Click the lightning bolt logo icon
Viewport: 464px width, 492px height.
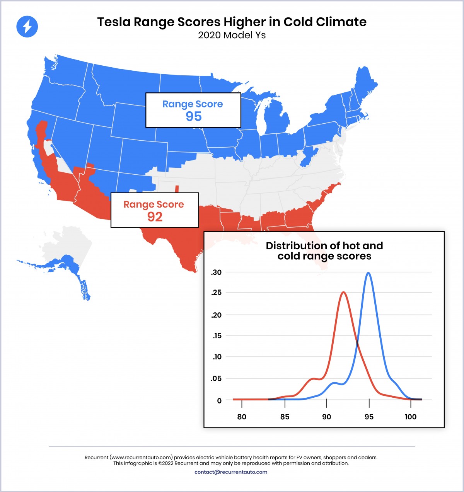(x=27, y=27)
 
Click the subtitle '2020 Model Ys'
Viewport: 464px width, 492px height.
(x=232, y=35)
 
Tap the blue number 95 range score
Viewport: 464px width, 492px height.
(x=193, y=116)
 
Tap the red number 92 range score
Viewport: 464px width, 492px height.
(x=155, y=216)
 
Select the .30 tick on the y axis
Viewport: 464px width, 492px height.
(x=216, y=272)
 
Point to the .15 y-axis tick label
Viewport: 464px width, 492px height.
(x=217, y=335)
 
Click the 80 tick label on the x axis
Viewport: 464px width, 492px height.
(x=242, y=417)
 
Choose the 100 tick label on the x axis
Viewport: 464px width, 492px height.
(x=410, y=417)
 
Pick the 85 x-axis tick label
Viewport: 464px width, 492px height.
(x=285, y=417)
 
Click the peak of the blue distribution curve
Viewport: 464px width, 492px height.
(x=368, y=273)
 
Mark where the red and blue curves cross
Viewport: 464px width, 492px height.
(x=357, y=343)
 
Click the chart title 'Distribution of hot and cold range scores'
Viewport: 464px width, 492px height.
(x=324, y=251)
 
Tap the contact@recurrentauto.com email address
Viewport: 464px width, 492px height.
(x=231, y=472)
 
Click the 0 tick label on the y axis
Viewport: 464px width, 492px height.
(x=219, y=401)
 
